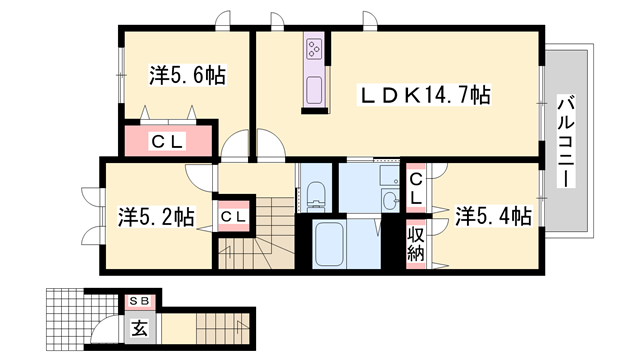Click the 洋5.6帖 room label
point(187,75)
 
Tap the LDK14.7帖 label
point(426,95)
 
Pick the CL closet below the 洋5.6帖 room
point(167,141)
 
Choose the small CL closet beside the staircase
point(234,216)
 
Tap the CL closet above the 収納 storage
point(416,187)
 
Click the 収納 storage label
point(416,244)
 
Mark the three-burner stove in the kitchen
point(314,50)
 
